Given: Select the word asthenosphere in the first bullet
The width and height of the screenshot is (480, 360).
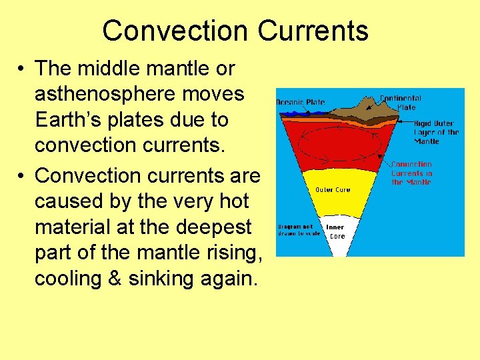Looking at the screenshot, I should click(139, 94).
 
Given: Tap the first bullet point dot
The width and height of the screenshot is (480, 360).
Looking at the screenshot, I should click(22, 69).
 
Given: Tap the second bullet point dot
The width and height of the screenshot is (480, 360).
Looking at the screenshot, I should click(22, 175).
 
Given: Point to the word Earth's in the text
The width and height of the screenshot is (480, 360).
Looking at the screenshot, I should click(68, 120).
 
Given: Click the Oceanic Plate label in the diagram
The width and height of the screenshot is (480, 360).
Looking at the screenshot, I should click(301, 102).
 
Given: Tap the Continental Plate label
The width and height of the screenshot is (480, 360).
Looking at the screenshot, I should click(401, 103).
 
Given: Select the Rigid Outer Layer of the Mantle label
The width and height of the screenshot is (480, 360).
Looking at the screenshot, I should click(436, 132).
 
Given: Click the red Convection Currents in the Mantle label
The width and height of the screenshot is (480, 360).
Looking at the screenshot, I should click(411, 173).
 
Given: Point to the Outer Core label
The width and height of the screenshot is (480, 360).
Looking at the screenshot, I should click(333, 189).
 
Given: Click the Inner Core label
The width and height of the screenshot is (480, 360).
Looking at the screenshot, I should click(335, 231).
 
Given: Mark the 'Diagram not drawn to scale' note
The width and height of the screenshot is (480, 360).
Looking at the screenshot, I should click(299, 230).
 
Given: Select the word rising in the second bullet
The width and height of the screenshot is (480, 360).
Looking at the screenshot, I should click(227, 253).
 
